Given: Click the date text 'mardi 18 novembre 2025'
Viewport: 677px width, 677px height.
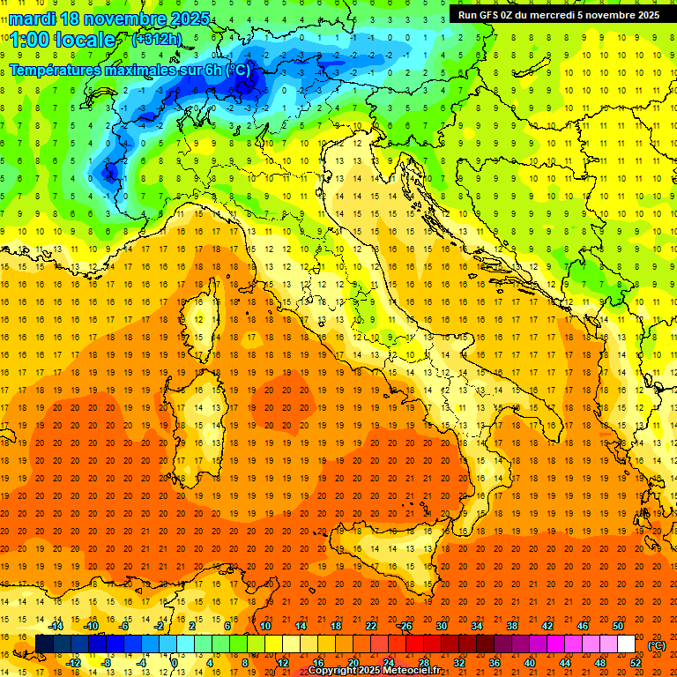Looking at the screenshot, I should click(x=110, y=19).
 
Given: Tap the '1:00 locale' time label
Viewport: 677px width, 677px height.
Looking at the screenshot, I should click(x=63, y=40).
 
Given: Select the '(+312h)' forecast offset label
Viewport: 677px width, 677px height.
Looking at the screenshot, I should click(x=159, y=40).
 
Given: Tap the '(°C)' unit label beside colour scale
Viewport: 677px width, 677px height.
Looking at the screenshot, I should click(x=657, y=644).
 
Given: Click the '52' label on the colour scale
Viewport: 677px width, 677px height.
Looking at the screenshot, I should click(x=636, y=662).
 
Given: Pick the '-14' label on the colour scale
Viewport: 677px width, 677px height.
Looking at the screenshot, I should click(x=56, y=626).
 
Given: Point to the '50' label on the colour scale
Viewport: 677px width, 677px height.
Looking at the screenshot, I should click(x=618, y=626).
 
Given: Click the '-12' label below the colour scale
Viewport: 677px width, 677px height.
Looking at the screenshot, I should click(x=73, y=662).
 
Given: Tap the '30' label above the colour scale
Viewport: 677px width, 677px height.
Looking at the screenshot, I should click(x=442, y=626).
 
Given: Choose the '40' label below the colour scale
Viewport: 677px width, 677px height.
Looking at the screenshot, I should click(x=530, y=662).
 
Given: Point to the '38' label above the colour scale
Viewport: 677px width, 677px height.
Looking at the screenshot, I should click(x=512, y=626).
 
